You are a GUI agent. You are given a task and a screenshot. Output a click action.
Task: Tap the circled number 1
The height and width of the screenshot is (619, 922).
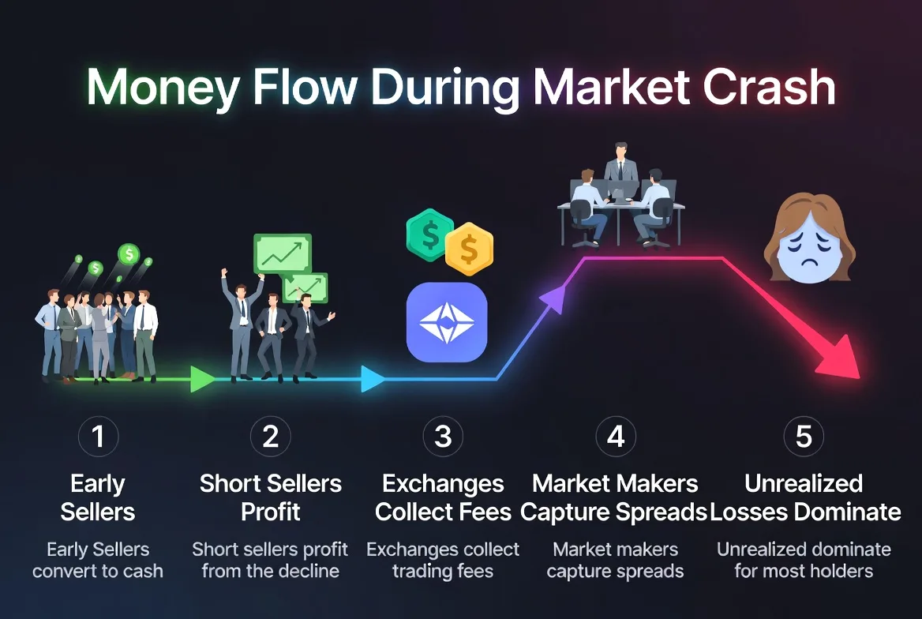99,437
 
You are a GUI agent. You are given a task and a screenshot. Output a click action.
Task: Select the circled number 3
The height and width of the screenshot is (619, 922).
443,437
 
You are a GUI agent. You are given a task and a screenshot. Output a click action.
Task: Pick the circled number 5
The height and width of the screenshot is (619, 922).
804,437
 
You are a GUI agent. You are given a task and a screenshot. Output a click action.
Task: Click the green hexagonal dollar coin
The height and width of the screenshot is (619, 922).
430,234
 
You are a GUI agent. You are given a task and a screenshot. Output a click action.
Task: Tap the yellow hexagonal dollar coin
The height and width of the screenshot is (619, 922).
469,249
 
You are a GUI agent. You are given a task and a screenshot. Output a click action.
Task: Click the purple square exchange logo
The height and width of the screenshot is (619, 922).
447,322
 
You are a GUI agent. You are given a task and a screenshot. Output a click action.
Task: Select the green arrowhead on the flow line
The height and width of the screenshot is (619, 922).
202,379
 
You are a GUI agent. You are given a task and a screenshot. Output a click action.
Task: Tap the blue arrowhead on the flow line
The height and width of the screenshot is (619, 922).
372,379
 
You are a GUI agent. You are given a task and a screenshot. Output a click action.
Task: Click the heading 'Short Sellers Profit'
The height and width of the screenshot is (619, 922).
271,497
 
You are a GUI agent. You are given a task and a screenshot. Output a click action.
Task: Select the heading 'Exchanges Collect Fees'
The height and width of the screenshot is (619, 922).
443,497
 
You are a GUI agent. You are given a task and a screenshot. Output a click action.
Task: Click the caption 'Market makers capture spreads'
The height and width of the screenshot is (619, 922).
616,560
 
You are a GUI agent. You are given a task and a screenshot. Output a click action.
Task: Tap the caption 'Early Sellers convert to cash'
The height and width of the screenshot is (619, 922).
98,560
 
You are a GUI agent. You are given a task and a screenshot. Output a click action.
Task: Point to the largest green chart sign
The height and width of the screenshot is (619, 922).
282,253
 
